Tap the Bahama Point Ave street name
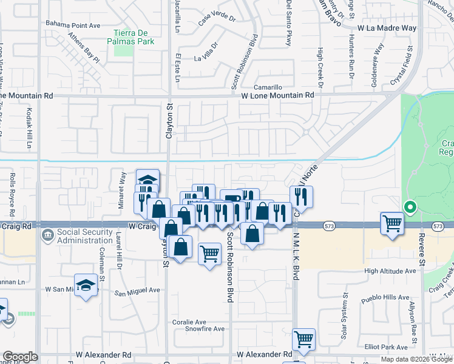click(x=73, y=24)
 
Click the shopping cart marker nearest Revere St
click(x=392, y=223)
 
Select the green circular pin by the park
click(x=410, y=208)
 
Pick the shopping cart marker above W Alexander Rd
click(x=303, y=339)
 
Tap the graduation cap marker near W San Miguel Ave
click(x=86, y=285)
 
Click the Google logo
click(x=20, y=357)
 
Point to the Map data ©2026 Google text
click(x=416, y=359)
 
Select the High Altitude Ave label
click(x=390, y=271)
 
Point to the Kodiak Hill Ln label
click(x=29, y=128)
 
